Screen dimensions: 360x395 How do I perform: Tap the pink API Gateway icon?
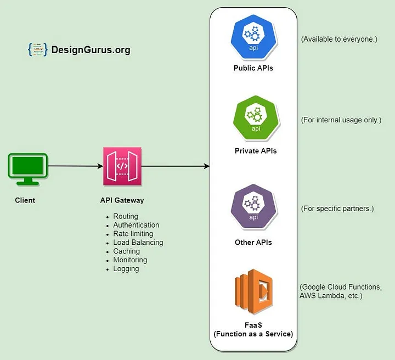(122, 166)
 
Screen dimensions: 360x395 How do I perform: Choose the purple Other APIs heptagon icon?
(253, 207)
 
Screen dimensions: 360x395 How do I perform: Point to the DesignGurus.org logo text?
(91, 50)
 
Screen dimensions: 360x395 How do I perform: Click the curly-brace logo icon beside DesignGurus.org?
(37, 50)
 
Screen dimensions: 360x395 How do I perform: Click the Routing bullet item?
(126, 216)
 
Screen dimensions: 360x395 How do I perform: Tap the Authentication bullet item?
(136, 225)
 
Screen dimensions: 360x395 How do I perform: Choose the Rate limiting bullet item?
(133, 234)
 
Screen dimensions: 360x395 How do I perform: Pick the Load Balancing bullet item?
(138, 243)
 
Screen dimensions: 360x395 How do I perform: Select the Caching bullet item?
(126, 251)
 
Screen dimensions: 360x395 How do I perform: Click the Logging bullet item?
(126, 269)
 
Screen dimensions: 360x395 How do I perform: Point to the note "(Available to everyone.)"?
(338, 39)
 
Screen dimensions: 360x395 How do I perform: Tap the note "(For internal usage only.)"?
(341, 120)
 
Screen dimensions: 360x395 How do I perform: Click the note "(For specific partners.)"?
(337, 209)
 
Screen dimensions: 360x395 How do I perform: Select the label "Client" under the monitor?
(25, 200)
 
